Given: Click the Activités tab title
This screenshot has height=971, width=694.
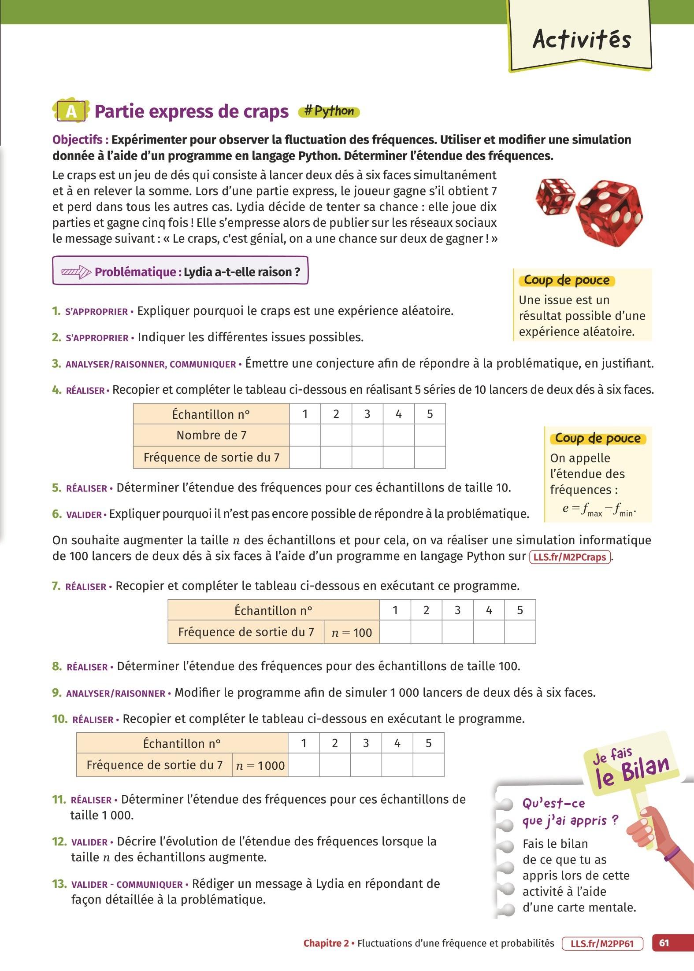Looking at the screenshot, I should click(x=582, y=40).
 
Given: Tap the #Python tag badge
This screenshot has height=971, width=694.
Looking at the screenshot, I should click(x=329, y=112).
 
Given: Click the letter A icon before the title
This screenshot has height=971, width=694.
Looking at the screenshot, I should click(x=71, y=112).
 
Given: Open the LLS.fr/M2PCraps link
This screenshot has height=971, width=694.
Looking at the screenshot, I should click(x=569, y=557).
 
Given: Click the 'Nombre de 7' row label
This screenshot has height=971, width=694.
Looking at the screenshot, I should click(x=211, y=436).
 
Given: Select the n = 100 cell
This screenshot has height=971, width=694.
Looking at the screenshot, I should click(x=352, y=633).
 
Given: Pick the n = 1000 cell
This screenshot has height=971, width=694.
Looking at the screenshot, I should click(x=260, y=766).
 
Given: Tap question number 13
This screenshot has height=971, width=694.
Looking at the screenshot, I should click(x=59, y=884).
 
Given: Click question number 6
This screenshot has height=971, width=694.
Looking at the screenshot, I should click(x=56, y=514).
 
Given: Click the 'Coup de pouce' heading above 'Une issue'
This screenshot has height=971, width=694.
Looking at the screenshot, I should click(x=567, y=281).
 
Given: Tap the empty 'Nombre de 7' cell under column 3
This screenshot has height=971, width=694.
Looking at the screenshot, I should click(x=367, y=436).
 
